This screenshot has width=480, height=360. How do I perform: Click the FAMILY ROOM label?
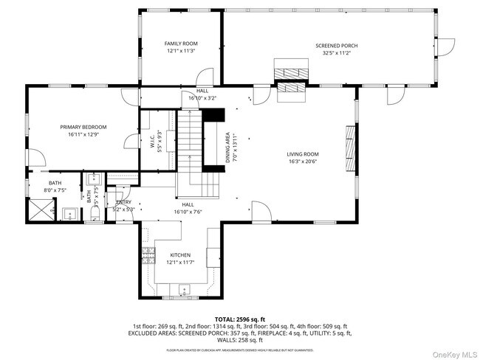tap(180, 44)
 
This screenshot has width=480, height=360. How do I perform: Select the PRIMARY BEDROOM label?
tap(83, 127)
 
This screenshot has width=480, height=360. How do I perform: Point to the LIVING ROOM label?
tap(302, 154)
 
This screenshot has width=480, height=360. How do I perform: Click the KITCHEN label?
tap(179, 255)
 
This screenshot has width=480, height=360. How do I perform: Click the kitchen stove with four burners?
tap(148, 255)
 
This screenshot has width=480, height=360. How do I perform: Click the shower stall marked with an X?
tap(38, 212)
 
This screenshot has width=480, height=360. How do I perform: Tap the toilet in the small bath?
tap(95, 213)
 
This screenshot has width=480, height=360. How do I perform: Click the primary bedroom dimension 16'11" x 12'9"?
tap(83, 134)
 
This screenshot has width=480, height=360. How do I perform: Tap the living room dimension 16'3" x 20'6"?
tap(302, 162)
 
